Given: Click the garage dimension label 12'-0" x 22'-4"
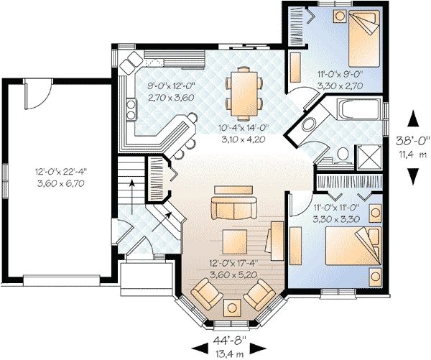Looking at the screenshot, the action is tap(61, 172).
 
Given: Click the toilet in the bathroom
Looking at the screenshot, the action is tap(343, 154).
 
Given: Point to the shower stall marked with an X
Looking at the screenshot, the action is tap(369, 158).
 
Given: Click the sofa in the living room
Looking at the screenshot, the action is tap(233, 208).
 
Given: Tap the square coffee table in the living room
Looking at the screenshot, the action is tap(234, 242).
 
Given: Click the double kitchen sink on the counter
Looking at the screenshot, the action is tap(131, 109).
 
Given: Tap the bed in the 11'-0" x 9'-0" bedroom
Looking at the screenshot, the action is tap(363, 39).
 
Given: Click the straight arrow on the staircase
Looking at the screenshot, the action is tap(132, 197).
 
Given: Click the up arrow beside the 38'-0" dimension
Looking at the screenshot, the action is tap(412, 119).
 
